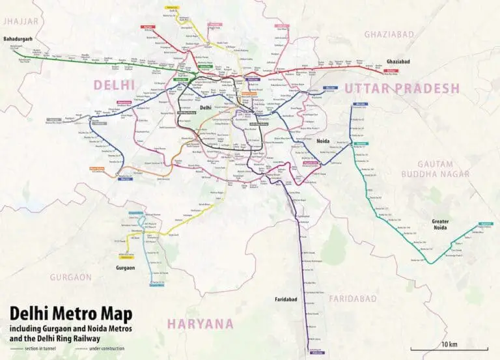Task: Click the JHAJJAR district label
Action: pyautogui.click(x=21, y=21)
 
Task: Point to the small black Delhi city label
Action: pyautogui.click(x=206, y=107)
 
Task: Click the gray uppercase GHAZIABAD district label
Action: pyautogui.click(x=389, y=34)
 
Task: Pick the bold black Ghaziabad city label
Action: pyautogui.click(x=402, y=58)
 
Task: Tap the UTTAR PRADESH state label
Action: pyautogui.click(x=402, y=89)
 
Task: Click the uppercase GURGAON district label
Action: pyautogui.click(x=71, y=277)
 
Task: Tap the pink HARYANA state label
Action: pyautogui.click(x=200, y=324)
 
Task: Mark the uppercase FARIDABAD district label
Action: pyautogui.click(x=352, y=298)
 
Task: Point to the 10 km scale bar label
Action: pyautogui.click(x=448, y=342)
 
